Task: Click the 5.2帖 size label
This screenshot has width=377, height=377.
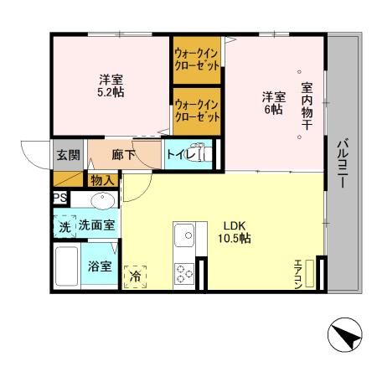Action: [111, 93]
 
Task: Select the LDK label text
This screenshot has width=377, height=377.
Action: [234, 224]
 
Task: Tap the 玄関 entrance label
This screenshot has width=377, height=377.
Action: [67, 155]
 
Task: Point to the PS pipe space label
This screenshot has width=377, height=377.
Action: [59, 198]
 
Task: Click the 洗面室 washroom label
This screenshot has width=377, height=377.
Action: [97, 225]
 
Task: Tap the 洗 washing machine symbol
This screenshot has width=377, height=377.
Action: [65, 225]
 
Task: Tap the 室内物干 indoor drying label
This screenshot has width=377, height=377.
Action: [307, 104]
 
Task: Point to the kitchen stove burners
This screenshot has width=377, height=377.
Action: [183, 272]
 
